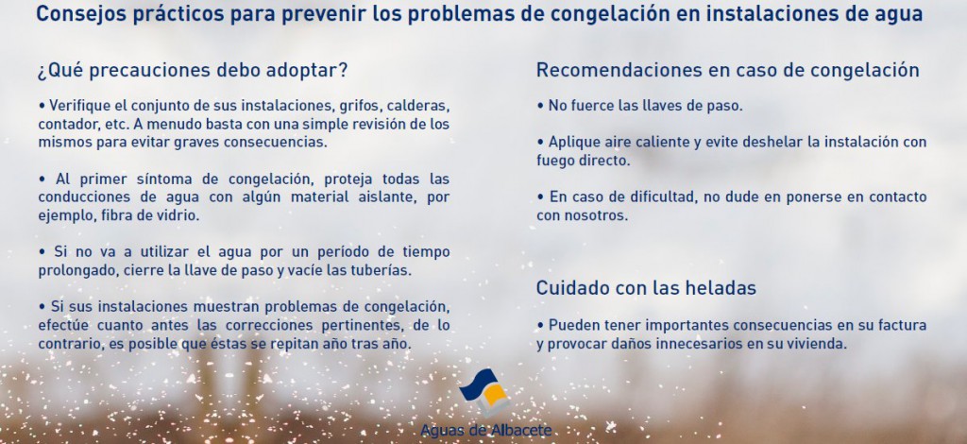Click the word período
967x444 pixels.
point(344,252)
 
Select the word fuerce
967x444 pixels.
point(591,106)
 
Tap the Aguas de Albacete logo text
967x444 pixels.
point(486,430)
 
